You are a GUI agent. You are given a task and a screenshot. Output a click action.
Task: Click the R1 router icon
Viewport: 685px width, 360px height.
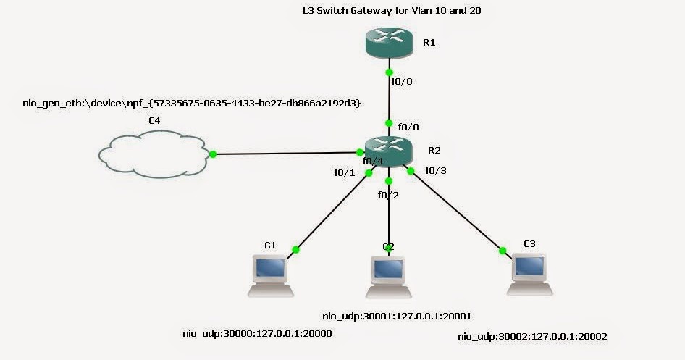389,44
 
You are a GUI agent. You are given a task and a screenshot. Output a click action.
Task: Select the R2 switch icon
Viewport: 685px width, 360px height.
389,150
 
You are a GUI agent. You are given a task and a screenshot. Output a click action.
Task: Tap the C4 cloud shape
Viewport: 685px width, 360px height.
153,153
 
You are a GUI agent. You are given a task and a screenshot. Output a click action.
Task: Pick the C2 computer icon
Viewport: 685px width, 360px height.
389,275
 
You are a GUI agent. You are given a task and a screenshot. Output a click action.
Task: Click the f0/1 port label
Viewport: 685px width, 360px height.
345,173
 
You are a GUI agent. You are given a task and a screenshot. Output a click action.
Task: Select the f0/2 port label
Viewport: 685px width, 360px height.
388,194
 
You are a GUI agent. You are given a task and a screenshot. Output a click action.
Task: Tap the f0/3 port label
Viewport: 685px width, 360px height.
436,171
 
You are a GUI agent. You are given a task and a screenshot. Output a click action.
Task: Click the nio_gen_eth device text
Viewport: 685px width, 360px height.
192,104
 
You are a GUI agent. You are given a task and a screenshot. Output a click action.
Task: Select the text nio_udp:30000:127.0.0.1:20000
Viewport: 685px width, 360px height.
257,333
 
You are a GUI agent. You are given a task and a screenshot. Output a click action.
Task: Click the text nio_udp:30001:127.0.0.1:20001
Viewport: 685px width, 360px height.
398,316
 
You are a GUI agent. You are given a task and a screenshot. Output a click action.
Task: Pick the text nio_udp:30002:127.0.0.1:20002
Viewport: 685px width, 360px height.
533,337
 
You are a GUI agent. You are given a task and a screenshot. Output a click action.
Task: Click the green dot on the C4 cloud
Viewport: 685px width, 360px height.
213,154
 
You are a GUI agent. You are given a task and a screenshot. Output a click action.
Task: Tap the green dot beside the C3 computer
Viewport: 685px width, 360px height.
502,251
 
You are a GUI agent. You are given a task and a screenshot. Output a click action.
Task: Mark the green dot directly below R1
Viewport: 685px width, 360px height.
390,72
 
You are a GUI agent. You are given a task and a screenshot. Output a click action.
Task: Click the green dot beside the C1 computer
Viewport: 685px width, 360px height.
295,250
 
